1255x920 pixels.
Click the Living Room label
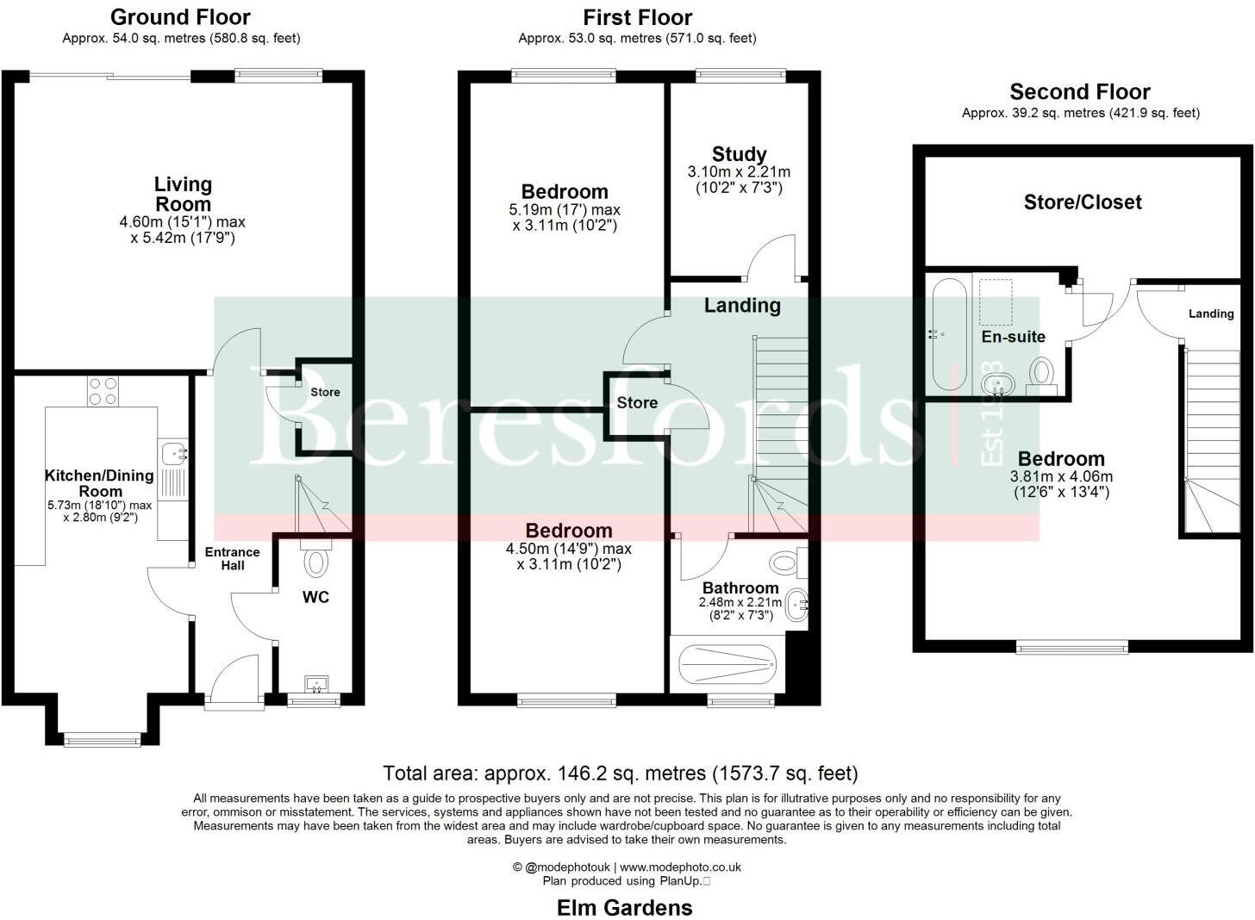[x=183, y=194]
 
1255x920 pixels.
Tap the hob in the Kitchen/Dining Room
[x=103, y=392]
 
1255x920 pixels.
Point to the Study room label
[x=739, y=154]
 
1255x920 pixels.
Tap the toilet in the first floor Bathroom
[x=785, y=563]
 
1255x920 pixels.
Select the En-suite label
[x=1014, y=337]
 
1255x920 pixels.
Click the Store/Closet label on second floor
[x=1083, y=202]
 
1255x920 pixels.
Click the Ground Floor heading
[x=180, y=17]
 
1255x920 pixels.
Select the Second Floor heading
[x=1080, y=92]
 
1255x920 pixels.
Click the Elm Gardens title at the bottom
[x=625, y=907]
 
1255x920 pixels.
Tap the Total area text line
[x=620, y=773]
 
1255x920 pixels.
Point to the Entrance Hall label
[x=233, y=558]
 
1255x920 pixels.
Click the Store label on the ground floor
[x=325, y=392]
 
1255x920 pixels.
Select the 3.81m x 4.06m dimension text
[x=1061, y=476]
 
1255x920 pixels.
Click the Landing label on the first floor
[x=742, y=305]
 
